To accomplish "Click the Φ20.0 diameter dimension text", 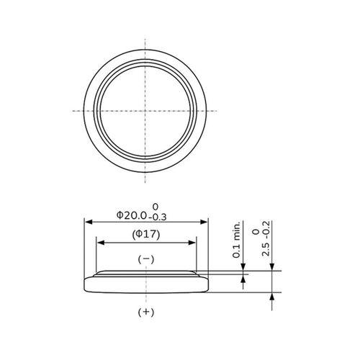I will pyautogui.click(x=131, y=215).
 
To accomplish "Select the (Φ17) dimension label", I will pyautogui.click(x=146, y=235).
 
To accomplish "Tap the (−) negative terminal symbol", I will pyautogui.click(x=146, y=258).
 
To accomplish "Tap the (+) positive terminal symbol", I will pyautogui.click(x=146, y=312).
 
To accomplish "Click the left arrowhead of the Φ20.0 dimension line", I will pyautogui.click(x=89, y=222).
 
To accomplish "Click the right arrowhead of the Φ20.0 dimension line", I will pyautogui.click(x=205, y=222).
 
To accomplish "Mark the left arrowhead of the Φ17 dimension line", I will pyautogui.click(x=99, y=243).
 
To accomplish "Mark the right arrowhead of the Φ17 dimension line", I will pyautogui.click(x=194, y=243).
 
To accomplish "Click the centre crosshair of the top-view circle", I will pyautogui.click(x=146, y=110).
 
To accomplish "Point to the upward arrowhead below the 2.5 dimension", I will pyautogui.click(x=271, y=296).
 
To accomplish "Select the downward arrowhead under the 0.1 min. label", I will pyautogui.click(x=243, y=268).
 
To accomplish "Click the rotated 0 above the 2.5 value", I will pyautogui.click(x=255, y=232).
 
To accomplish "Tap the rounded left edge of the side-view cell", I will pyautogui.click(x=87, y=284).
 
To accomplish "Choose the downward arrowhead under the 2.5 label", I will pyautogui.click(x=271, y=267).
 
